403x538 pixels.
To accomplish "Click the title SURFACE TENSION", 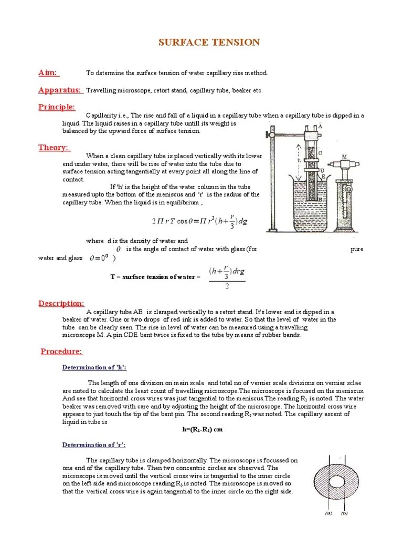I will [x=209, y=42].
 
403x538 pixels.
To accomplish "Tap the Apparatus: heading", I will [x=60, y=90].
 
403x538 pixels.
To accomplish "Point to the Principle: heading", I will [x=57, y=107].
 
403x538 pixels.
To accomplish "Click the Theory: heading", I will [x=54, y=147].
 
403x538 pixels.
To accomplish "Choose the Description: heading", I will [x=61, y=303].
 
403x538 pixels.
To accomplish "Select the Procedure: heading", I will [x=61, y=351].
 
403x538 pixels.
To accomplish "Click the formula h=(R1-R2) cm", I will [x=203, y=429].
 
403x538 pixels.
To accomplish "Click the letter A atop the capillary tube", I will [x=320, y=126].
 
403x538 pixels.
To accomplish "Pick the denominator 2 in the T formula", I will [x=227, y=286].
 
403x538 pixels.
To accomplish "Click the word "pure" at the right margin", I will [x=356, y=249].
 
